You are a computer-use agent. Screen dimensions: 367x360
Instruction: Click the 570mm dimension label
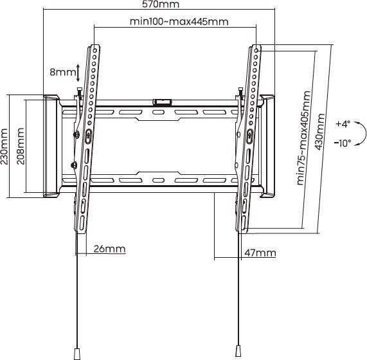coord(161,4)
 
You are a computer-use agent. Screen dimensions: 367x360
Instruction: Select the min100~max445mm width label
coord(179,22)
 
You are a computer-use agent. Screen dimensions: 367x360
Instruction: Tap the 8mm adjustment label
coord(63,72)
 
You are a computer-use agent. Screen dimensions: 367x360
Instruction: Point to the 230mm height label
coord(4,147)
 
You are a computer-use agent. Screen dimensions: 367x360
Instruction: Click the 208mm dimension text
coord(21,147)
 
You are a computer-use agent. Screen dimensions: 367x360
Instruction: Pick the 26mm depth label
coord(109,249)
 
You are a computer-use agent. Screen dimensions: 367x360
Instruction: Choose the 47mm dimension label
coord(260,253)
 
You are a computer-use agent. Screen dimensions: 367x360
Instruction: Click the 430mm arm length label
coord(319,132)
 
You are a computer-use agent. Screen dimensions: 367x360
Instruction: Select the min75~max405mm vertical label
coord(304,138)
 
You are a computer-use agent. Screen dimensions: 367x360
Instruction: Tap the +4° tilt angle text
coord(343,124)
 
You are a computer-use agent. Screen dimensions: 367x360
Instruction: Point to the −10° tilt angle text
coord(343,143)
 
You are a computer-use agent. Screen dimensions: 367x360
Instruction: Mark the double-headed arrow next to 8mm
coord(78,73)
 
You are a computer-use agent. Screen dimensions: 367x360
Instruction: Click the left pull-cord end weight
coord(77,354)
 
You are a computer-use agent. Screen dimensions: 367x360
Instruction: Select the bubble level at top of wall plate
coord(163,102)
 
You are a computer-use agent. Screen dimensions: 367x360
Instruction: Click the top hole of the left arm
coord(94,50)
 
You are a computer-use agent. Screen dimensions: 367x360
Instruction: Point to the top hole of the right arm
coord(256,50)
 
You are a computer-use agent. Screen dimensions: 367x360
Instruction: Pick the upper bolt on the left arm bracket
coord(76,134)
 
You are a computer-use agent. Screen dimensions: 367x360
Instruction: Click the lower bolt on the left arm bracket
coord(73,165)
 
